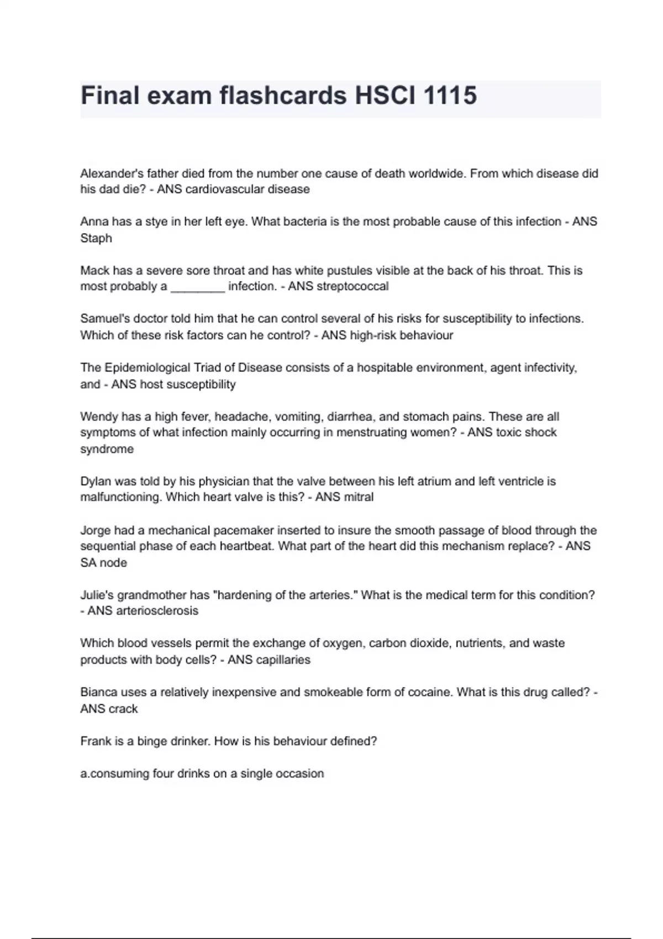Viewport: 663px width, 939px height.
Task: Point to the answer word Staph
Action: pos(96,238)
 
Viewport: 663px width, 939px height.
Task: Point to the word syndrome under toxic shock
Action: pos(107,449)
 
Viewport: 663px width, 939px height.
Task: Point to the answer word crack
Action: pos(123,709)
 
